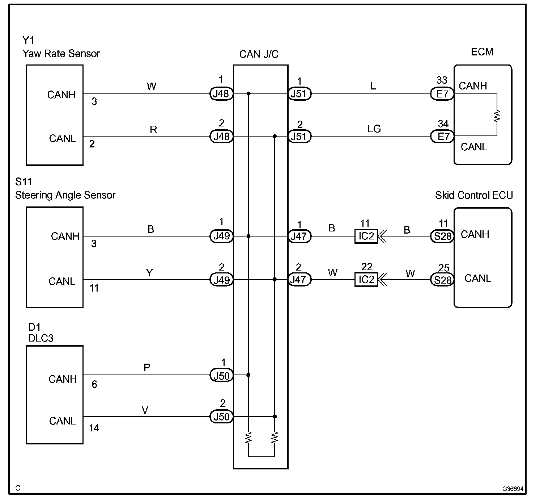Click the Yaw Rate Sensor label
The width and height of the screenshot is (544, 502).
(61, 54)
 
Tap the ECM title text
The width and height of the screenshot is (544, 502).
(482, 52)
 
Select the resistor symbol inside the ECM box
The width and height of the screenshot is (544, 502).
(497, 115)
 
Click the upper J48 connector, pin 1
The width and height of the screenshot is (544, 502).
(221, 94)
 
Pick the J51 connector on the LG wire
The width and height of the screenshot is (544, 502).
(299, 137)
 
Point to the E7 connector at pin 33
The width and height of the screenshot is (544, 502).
(442, 94)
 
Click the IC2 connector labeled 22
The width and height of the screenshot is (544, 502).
(366, 279)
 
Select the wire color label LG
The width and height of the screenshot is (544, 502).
(374, 129)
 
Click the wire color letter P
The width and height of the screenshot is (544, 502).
(147, 368)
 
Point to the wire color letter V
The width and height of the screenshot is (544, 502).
(145, 410)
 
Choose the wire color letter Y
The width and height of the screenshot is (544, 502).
(149, 272)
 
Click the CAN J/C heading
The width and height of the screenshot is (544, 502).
(259, 54)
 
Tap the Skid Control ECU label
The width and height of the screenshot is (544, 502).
(474, 195)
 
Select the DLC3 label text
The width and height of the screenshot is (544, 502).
(41, 338)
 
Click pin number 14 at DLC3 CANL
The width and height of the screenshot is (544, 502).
(94, 428)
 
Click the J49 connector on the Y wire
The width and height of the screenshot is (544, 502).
(221, 279)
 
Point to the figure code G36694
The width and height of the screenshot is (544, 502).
(513, 489)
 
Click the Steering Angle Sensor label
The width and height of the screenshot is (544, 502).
(65, 195)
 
